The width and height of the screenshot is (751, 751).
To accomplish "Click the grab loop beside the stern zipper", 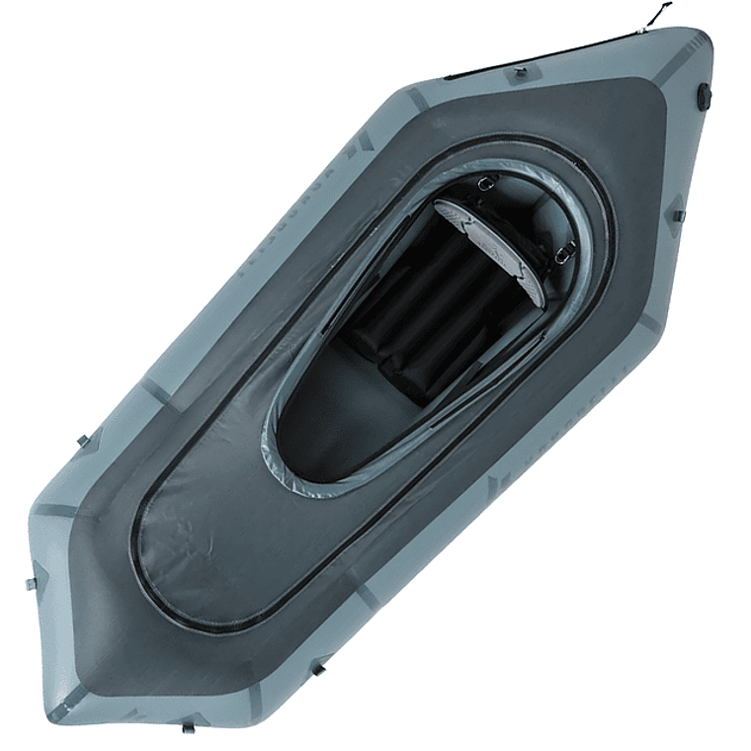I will tap(518, 71).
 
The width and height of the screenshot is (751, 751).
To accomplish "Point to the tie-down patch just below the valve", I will tap(678, 211).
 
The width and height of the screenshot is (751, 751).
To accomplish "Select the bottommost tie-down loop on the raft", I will tap(189, 726).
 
